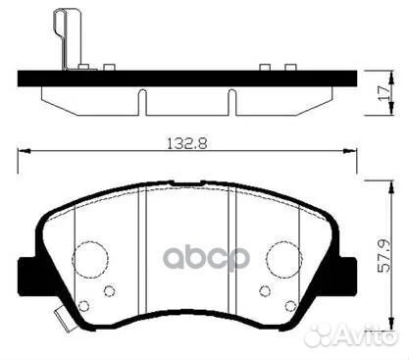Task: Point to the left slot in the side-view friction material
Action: point(143,102)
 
